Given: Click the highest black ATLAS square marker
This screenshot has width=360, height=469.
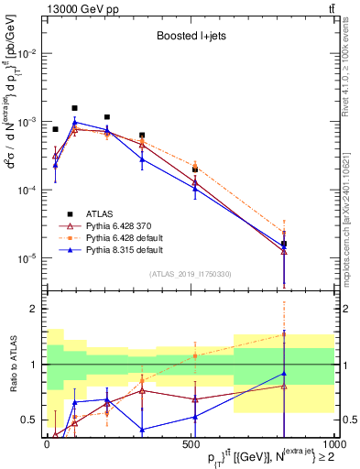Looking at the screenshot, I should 74,108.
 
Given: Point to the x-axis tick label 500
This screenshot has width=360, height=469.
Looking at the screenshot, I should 191,446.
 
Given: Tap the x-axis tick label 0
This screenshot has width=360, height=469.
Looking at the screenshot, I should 47,446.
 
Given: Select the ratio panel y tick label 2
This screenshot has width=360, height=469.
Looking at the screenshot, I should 35,309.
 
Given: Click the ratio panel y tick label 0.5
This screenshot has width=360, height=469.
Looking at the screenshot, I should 31,420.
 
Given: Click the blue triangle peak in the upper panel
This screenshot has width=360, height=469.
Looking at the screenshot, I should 75,122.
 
